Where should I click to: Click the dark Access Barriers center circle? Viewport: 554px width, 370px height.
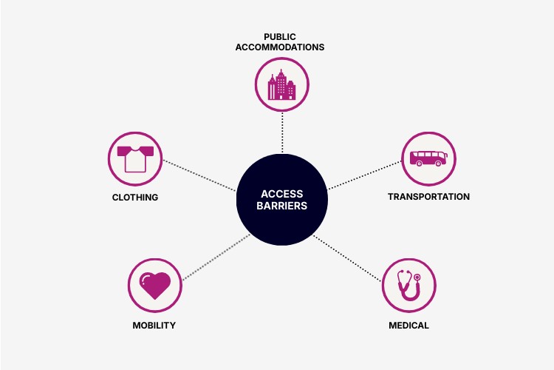tap(282, 200)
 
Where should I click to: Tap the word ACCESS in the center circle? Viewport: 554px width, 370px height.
tap(282, 194)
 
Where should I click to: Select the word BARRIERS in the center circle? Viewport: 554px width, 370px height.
tap(282, 206)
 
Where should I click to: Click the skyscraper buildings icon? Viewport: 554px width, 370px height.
tap(281, 84)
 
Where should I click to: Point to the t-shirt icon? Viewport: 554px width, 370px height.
tap(135, 159)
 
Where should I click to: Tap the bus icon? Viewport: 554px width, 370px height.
tap(428, 158)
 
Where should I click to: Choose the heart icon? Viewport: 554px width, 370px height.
tap(155, 286)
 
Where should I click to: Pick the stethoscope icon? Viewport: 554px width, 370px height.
tap(408, 286)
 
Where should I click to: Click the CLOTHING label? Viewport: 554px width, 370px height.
tap(135, 198)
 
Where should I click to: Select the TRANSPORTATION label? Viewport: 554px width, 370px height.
tap(428, 197)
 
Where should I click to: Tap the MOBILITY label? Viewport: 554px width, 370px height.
tap(154, 326)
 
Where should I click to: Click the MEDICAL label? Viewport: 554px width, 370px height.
tap(408, 326)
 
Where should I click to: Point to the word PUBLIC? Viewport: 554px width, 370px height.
tap(280, 37)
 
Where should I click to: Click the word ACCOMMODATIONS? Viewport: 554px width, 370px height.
tap(280, 47)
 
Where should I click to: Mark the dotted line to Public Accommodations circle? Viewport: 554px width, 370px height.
tap(282, 132)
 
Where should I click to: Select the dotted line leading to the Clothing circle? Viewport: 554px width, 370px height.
tap(199, 175)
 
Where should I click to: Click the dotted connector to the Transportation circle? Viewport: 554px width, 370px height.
tap(365, 175)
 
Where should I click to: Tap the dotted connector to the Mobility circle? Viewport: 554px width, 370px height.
tap(216, 258)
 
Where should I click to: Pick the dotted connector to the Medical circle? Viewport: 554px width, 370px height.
tap(348, 258)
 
